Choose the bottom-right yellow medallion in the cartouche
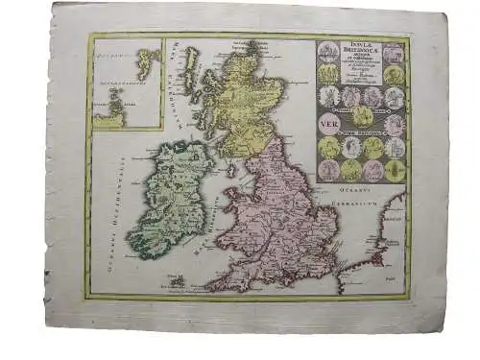pyautogui.click(x=395, y=171)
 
